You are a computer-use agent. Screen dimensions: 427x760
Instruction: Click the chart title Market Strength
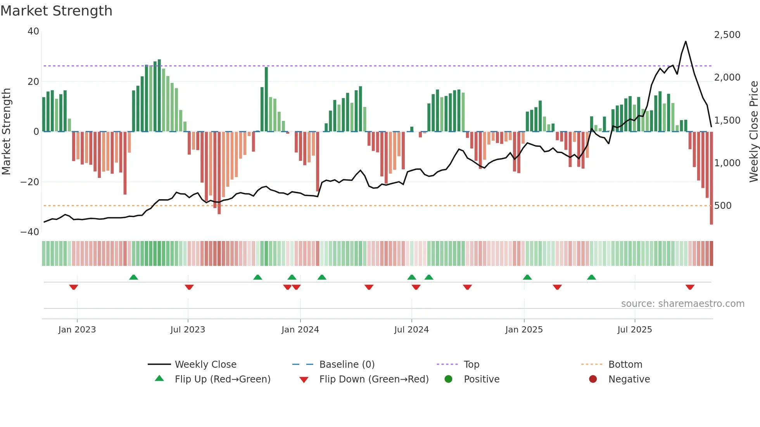tap(56, 11)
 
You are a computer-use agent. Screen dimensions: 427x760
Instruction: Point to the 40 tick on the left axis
tap(33, 31)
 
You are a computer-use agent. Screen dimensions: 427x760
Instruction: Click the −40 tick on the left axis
tap(30, 232)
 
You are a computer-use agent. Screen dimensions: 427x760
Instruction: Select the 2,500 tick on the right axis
tap(727, 35)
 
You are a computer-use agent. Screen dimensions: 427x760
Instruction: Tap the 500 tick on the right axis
tap(723, 206)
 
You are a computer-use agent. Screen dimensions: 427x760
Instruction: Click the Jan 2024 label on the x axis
tap(300, 330)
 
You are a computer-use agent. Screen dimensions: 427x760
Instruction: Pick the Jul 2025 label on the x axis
tap(634, 330)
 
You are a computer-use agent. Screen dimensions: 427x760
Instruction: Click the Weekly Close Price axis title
tap(753, 131)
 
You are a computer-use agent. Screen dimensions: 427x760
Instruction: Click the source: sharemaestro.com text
tap(682, 304)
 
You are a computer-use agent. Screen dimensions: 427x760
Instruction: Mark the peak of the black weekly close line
tap(686, 41)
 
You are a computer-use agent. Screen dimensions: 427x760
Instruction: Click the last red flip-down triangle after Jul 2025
tap(690, 287)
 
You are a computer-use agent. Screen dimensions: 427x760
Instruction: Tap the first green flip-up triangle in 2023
tap(133, 277)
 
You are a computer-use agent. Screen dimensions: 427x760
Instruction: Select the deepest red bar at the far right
tap(711, 178)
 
